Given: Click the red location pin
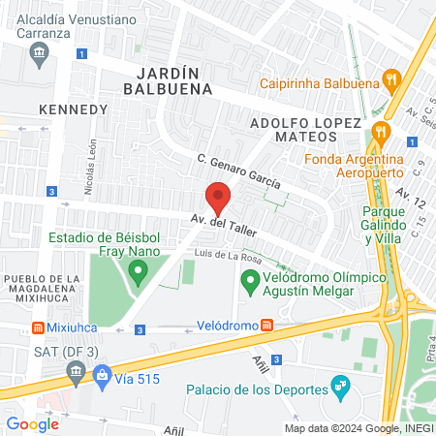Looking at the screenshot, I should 219,197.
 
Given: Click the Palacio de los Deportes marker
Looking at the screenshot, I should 340,389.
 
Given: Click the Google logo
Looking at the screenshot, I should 32,423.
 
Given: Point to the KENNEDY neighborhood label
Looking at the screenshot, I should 73,109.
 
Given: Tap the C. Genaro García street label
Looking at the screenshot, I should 238,170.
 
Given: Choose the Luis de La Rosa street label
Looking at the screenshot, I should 229,257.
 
